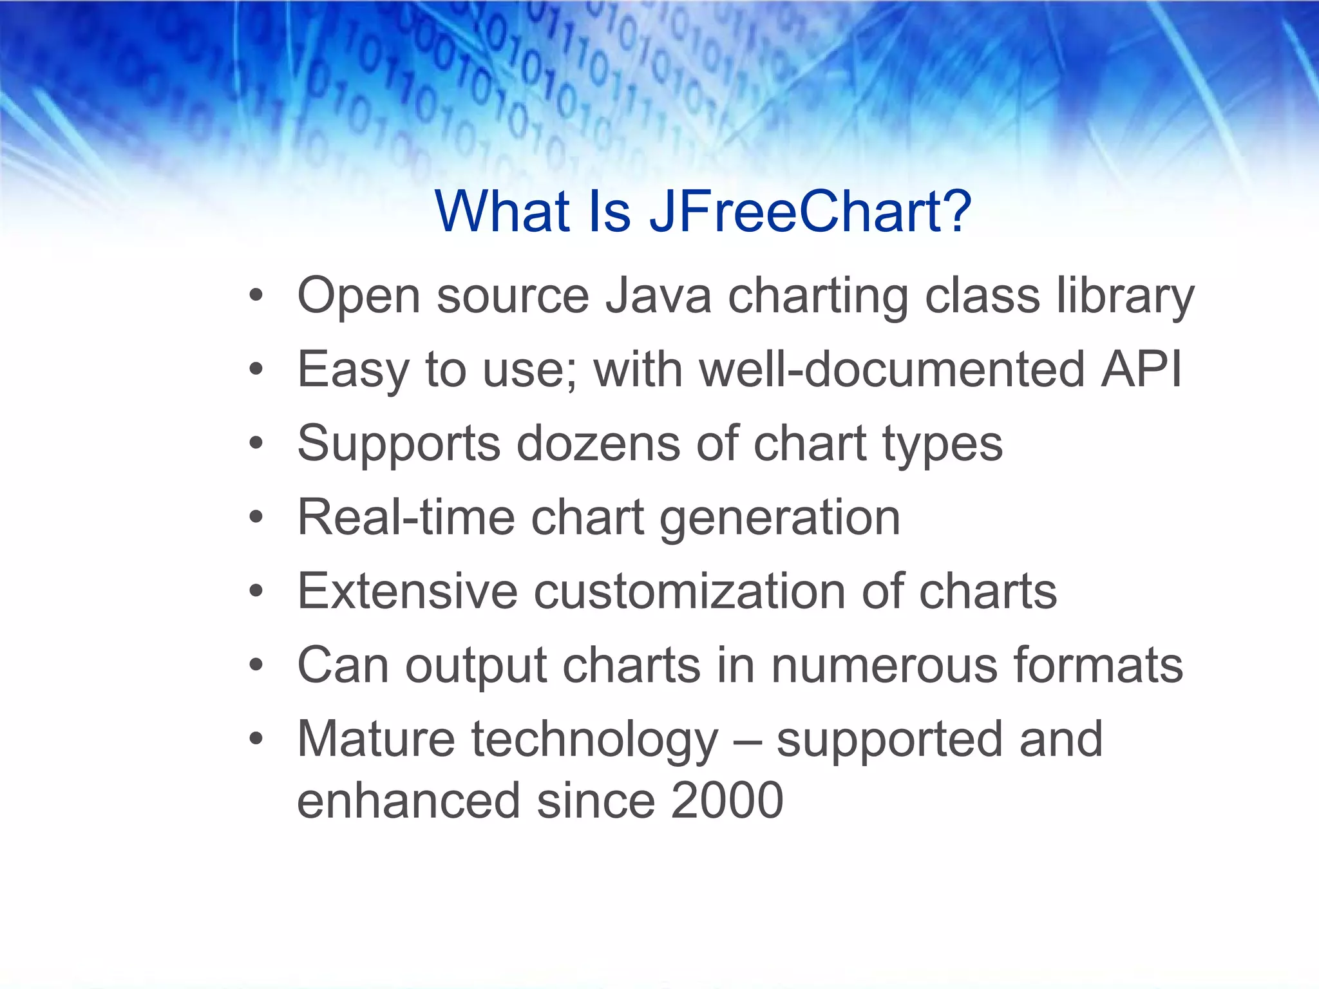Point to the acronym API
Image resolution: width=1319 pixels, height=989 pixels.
coord(1141,370)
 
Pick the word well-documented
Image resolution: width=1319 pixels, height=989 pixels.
coord(893,370)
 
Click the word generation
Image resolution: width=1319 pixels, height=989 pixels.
coord(780,519)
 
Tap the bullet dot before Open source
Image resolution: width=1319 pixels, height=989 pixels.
coord(256,296)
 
